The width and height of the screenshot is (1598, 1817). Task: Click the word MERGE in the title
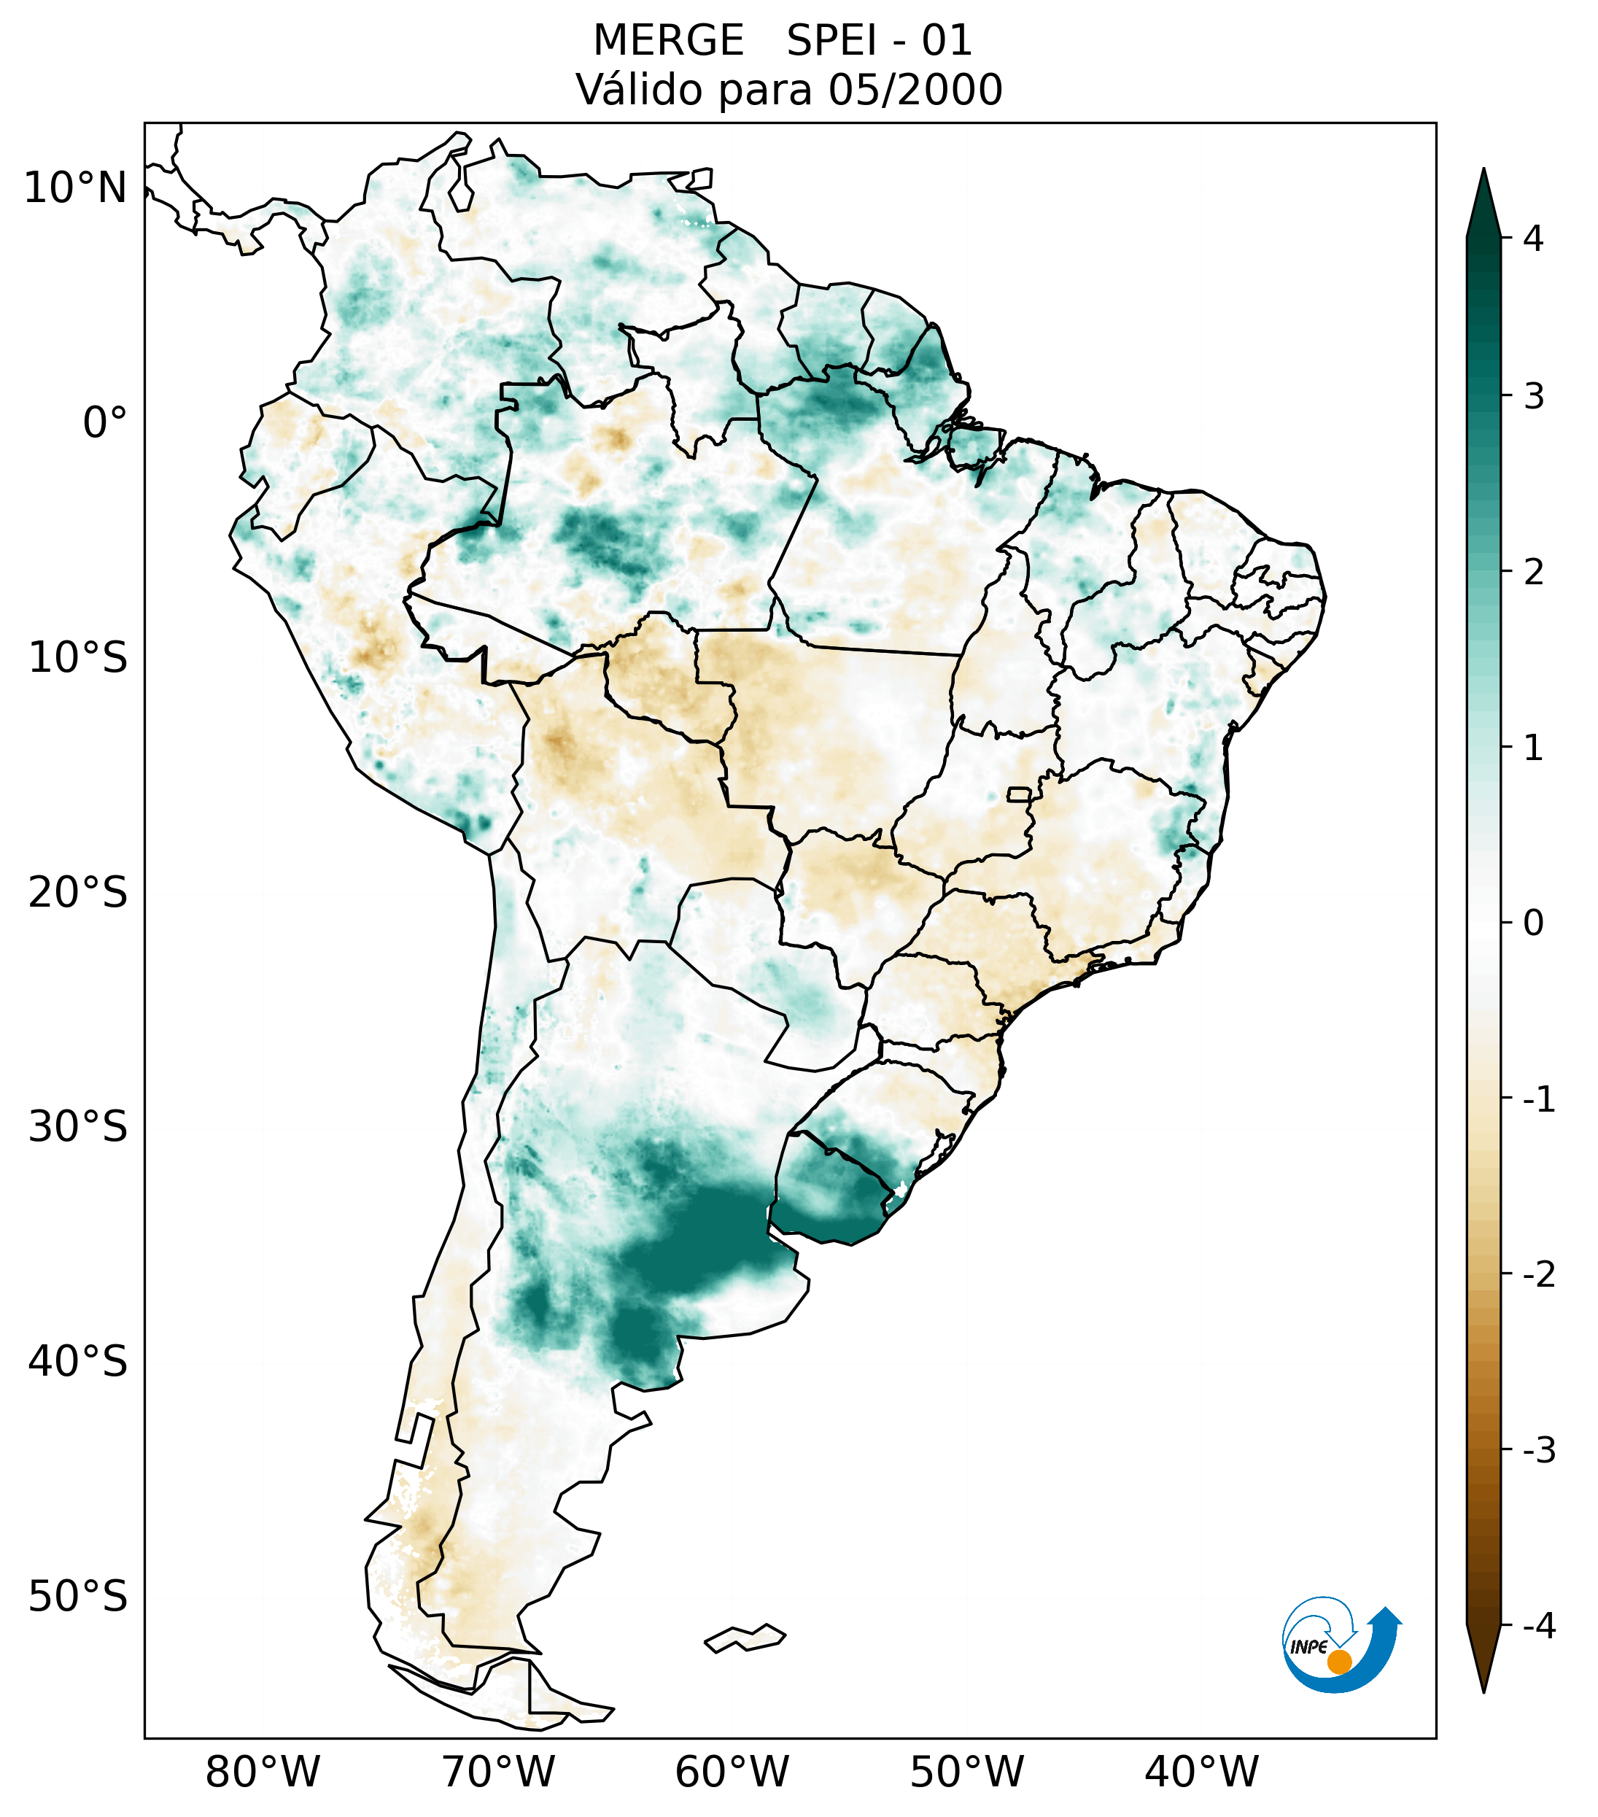pos(667,41)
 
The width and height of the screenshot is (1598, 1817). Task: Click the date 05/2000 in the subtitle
pos(915,90)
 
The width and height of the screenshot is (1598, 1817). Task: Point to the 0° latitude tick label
pos(104,423)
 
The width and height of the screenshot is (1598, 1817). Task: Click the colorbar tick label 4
pos(1533,237)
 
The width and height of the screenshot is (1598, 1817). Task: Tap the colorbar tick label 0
pos(1533,923)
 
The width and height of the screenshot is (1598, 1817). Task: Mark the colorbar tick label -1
pos(1538,1099)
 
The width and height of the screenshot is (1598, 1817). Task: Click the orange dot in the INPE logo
pos(1338,1662)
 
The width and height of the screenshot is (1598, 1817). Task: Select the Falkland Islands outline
pos(745,1638)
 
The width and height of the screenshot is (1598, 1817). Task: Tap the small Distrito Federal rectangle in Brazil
pos(1018,793)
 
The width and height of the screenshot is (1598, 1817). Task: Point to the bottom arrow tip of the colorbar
pos(1483,1689)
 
